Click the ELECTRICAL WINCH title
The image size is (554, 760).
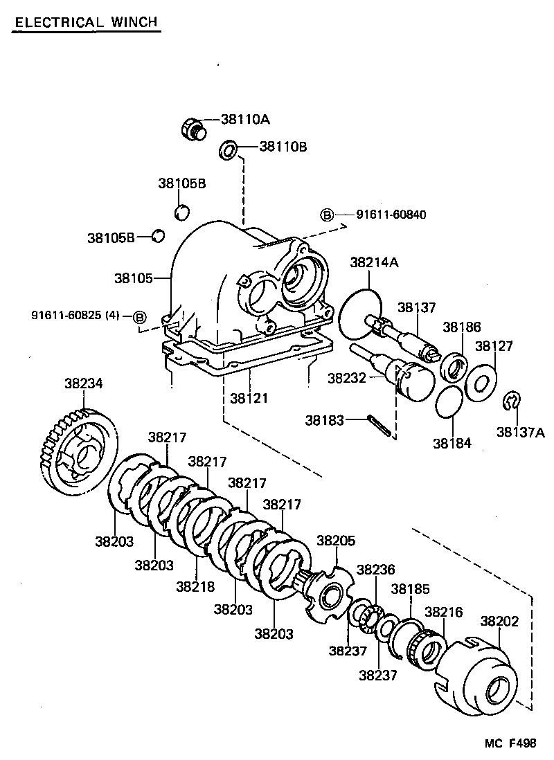tap(87, 22)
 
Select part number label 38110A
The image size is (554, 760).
tap(244, 119)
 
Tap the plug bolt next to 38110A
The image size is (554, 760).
tap(191, 129)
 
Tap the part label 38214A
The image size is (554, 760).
tap(374, 262)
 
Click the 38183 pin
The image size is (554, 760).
tap(381, 426)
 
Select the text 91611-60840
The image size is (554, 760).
tap(391, 215)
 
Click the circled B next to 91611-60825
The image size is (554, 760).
tap(139, 317)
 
